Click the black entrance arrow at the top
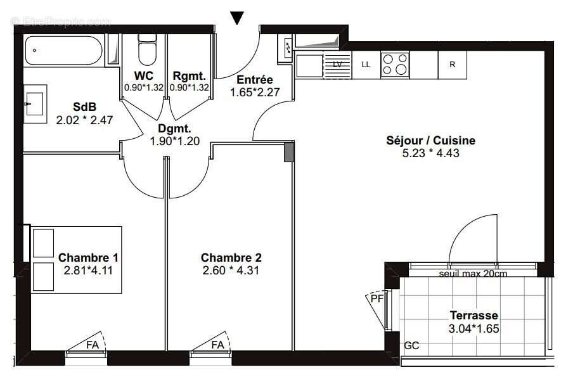[237, 17]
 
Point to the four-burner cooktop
[394, 65]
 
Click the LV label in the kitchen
[337, 65]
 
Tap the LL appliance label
[366, 65]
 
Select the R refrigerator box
[452, 65]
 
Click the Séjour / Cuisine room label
[430, 141]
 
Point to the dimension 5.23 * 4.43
[430, 153]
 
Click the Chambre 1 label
[88, 257]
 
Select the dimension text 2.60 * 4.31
[231, 270]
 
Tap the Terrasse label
[473, 315]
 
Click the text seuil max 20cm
[472, 274]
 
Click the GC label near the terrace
[411, 346]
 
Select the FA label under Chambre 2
[217, 345]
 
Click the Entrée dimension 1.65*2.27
[254, 92]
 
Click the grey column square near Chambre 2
[289, 153]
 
